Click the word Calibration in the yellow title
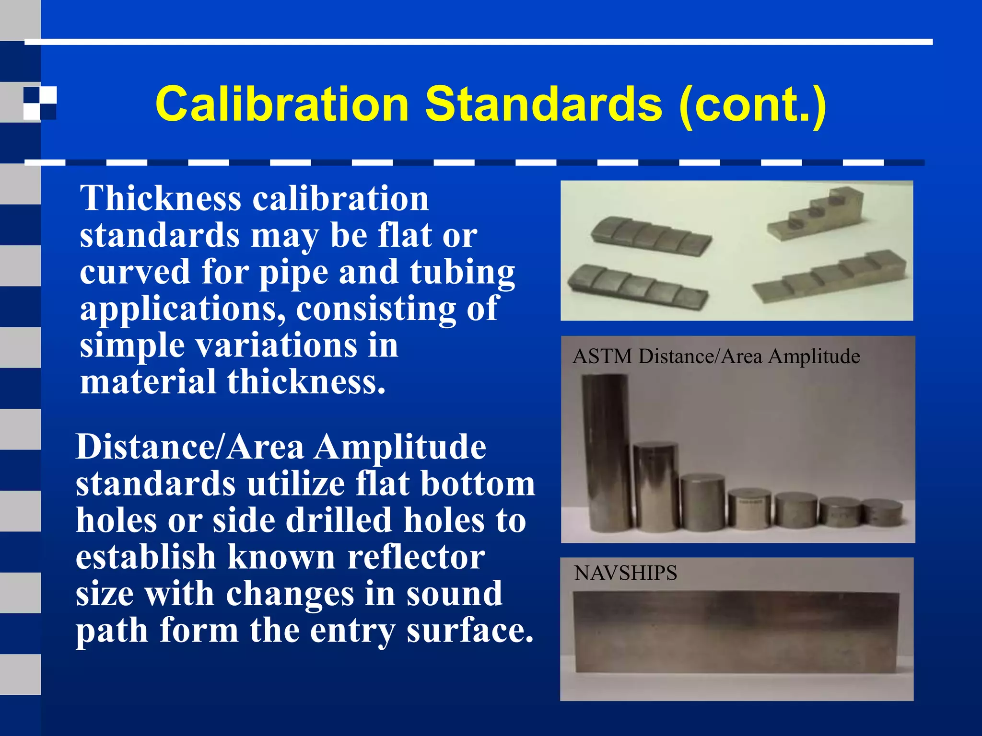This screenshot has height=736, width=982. tap(282, 104)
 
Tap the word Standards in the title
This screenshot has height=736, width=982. tap(544, 104)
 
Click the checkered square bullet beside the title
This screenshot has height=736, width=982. tap(40, 103)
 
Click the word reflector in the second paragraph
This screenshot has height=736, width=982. tap(416, 557)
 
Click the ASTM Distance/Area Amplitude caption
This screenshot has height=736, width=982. tap(716, 356)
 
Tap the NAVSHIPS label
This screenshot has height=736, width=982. tap(625, 573)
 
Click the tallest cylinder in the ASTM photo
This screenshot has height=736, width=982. tap(606, 453)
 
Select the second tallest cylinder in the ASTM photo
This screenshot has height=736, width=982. tap(655, 486)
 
